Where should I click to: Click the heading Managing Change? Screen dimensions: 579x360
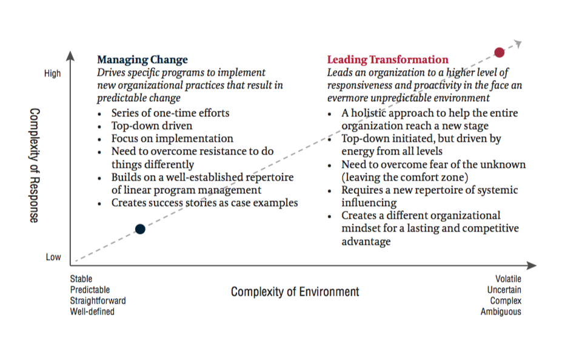click(x=142, y=59)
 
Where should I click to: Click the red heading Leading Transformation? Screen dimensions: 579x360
click(x=388, y=59)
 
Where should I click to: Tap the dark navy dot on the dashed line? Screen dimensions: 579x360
click(x=140, y=229)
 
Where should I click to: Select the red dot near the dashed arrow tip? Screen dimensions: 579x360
click(x=499, y=53)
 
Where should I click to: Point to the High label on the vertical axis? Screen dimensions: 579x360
click(x=52, y=73)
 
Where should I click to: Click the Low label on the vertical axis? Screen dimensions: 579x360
click(x=53, y=257)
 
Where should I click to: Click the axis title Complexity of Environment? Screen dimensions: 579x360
click(x=295, y=292)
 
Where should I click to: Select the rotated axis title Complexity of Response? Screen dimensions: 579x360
click(x=35, y=165)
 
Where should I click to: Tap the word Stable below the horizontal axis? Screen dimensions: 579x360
click(x=81, y=279)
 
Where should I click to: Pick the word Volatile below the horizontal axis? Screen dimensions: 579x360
click(x=509, y=279)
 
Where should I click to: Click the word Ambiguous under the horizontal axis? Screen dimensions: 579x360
click(x=501, y=312)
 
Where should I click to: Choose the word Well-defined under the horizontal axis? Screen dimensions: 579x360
click(x=92, y=312)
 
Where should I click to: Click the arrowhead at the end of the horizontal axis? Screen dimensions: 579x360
click(x=532, y=265)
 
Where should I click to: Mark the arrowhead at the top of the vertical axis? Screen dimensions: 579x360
click(x=70, y=56)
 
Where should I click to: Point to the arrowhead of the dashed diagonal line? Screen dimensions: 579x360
click(x=518, y=44)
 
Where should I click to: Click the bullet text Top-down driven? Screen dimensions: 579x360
click(x=152, y=125)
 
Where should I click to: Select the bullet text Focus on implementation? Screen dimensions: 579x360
click(x=172, y=138)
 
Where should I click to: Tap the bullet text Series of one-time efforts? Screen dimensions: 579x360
click(x=170, y=113)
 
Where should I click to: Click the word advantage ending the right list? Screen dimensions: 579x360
click(x=366, y=241)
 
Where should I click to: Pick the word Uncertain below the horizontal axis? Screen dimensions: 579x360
click(x=504, y=290)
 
